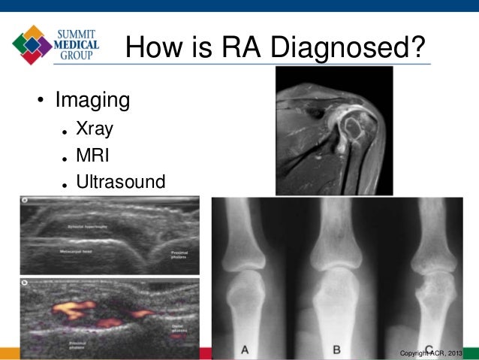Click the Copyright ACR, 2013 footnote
(433, 352)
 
